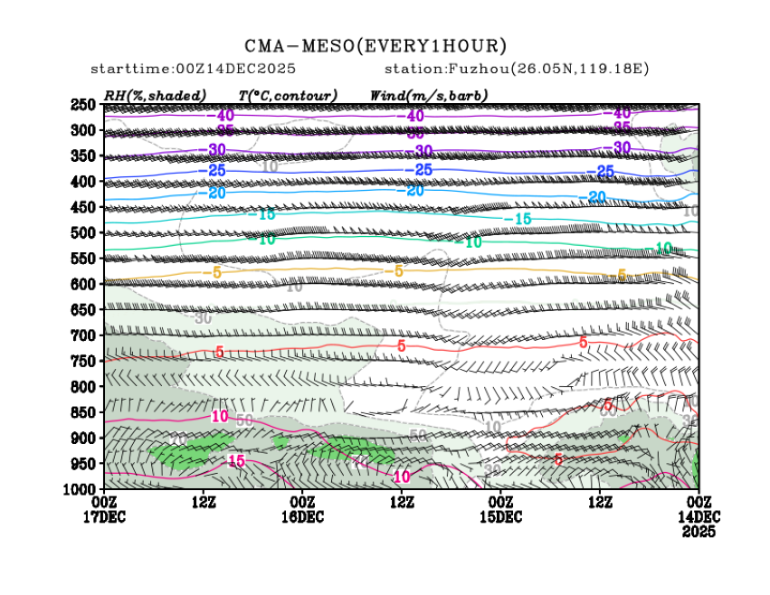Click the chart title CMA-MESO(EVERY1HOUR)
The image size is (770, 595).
coord(375,46)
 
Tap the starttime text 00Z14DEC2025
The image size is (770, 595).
coord(194,69)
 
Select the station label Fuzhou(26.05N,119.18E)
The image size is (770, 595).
coord(517,69)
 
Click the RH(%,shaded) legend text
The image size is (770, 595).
coord(156,95)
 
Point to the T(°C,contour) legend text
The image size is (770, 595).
coord(288,95)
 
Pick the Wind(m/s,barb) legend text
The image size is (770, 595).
coord(429,95)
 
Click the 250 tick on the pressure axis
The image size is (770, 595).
coord(84,105)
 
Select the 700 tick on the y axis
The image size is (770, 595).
coord(84,335)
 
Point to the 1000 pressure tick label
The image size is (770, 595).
coord(81,489)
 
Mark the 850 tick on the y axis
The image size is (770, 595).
coord(84,412)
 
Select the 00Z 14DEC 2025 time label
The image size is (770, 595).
coord(699,515)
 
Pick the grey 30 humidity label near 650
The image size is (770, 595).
coord(203,318)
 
